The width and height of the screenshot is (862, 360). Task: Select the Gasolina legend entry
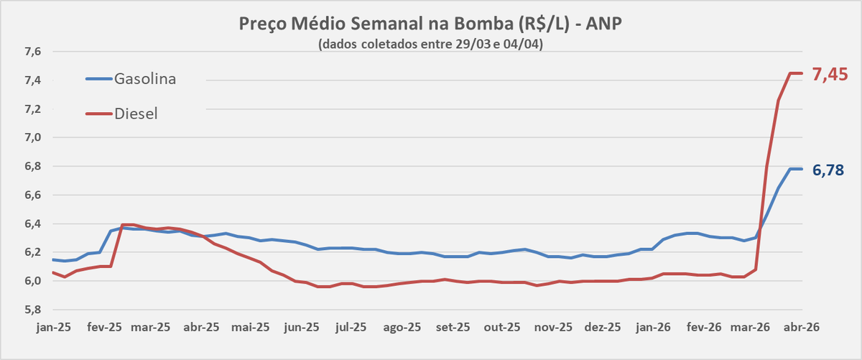144,78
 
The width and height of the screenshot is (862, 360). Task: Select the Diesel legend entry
136,113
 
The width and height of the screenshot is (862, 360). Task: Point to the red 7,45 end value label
830,73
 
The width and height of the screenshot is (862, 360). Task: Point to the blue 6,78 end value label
828,170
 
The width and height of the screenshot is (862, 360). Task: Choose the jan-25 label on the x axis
53,326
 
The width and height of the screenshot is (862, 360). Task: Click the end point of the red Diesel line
802,73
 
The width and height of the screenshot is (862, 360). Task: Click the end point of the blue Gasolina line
802,169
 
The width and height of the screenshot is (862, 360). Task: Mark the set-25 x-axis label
453,326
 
